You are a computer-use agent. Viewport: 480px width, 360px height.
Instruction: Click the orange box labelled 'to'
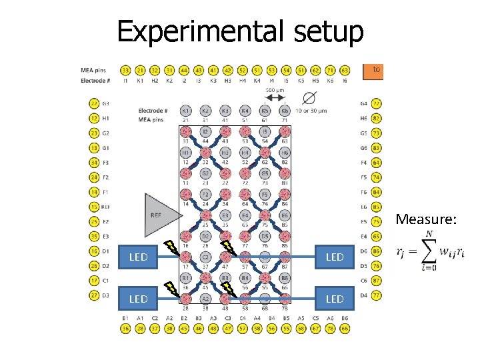[374, 69]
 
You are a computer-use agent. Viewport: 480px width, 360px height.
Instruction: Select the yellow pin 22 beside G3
[95, 104]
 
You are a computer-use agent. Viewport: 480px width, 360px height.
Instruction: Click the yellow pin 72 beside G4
[377, 104]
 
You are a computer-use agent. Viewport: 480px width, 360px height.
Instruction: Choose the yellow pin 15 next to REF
[95, 207]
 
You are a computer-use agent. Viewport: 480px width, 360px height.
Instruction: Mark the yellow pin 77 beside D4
[377, 295]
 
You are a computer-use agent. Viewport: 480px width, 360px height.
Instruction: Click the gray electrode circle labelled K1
[186, 111]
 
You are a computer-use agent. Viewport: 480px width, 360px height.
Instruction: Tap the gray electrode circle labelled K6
[285, 111]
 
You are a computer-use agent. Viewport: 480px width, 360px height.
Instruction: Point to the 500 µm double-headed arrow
[275, 97]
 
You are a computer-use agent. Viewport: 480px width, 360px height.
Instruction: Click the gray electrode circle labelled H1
[186, 153]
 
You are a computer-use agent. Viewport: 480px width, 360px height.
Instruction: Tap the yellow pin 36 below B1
[125, 328]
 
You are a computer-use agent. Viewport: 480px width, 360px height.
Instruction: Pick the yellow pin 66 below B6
[345, 328]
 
